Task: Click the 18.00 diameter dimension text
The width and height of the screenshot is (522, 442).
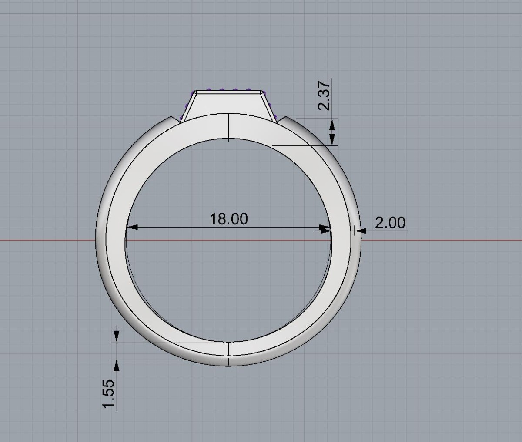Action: [x=228, y=218]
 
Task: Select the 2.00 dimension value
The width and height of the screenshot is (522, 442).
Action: [x=390, y=222]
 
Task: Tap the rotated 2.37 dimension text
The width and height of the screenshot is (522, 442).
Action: [x=324, y=96]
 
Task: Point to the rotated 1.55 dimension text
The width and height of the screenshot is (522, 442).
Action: [x=108, y=394]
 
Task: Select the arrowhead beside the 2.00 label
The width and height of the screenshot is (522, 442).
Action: [x=360, y=230]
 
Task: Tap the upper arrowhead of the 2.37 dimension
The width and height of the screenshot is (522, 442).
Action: [x=332, y=125]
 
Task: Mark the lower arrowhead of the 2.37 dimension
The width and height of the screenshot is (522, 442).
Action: [x=332, y=139]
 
